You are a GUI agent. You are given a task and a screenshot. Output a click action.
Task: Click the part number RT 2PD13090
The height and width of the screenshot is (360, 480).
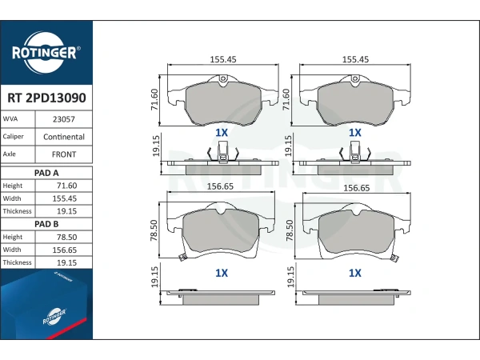pyautogui.click(x=46, y=98)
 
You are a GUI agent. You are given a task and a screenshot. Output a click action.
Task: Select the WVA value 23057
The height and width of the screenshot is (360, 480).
pyautogui.click(x=64, y=119)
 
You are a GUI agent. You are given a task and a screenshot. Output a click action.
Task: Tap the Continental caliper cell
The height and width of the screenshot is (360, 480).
pyautogui.click(x=64, y=137)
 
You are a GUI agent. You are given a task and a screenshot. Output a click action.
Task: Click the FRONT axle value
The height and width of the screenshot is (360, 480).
pyautogui.click(x=64, y=154)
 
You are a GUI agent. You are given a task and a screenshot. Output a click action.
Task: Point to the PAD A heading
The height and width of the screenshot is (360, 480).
pyautogui.click(x=46, y=173)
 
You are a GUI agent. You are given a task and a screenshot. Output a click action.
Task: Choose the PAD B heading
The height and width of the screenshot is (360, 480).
pyautogui.click(x=46, y=224)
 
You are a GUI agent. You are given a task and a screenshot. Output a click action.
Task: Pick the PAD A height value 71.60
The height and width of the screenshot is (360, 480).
pyautogui.click(x=66, y=186)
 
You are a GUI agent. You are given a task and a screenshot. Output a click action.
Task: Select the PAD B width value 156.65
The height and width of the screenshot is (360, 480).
pyautogui.click(x=64, y=250)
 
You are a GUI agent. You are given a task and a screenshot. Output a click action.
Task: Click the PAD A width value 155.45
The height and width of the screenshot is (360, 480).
pyautogui.click(x=64, y=198)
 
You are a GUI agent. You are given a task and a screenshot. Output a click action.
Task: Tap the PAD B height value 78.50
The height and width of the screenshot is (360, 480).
pyautogui.click(x=66, y=237)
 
